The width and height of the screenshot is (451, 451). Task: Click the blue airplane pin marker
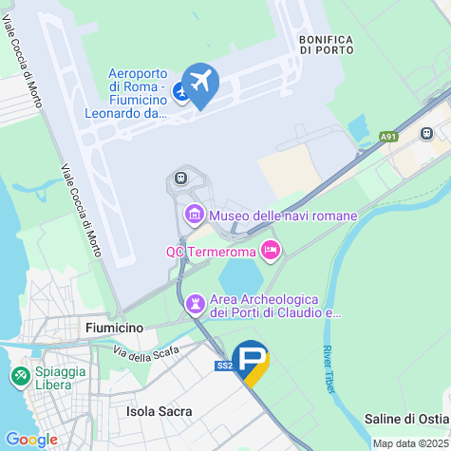pyautogui.click(x=199, y=83)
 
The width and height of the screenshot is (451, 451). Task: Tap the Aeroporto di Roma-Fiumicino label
pyautogui.click(x=139, y=93)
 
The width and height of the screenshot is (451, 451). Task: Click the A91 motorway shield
pyautogui.click(x=388, y=137)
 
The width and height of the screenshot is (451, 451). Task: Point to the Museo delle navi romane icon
pyautogui.click(x=195, y=215)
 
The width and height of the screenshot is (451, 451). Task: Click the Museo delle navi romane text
pyautogui.click(x=283, y=216)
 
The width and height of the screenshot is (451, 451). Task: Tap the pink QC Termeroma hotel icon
pyautogui.click(x=271, y=250)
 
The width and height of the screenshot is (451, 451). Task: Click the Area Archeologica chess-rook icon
pyautogui.click(x=196, y=303)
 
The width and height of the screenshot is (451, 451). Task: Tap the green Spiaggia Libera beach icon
pyautogui.click(x=18, y=377)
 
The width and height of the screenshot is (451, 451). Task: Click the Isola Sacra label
pyautogui.click(x=160, y=411)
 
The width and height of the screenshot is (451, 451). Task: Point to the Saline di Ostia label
pyautogui.click(x=407, y=419)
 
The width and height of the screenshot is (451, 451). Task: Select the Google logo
pyautogui.click(x=31, y=440)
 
